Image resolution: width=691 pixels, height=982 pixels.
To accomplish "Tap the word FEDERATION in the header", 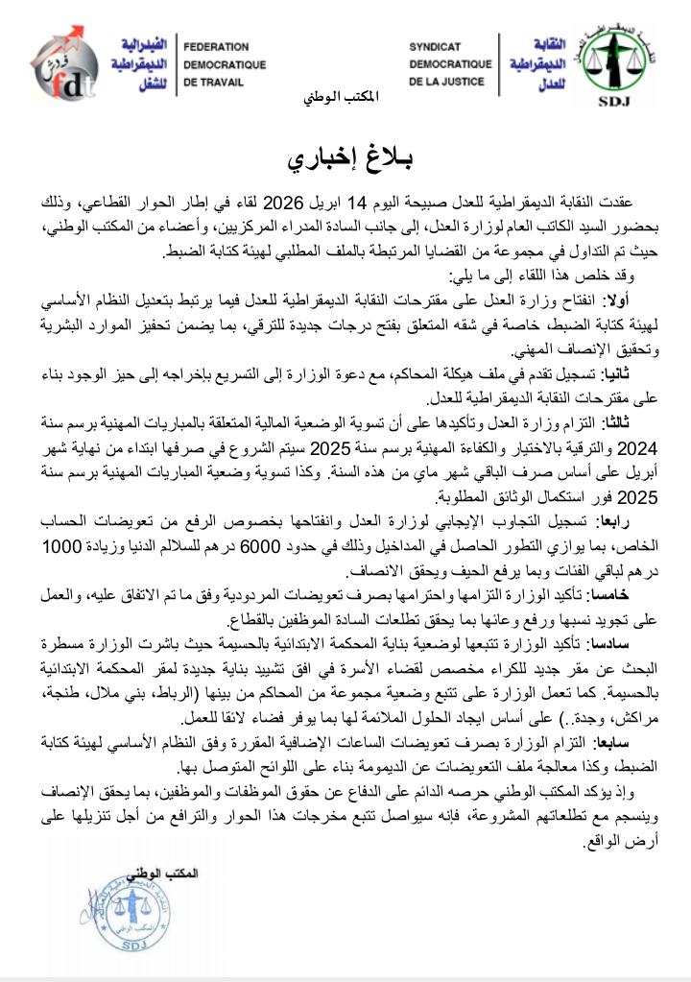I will [216, 47].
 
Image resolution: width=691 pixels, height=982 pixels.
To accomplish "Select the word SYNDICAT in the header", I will [435, 46].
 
